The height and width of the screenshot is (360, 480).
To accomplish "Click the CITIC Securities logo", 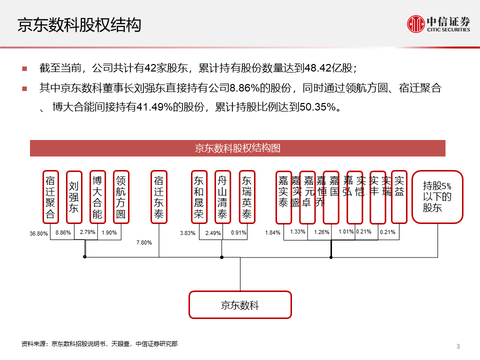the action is (x=438, y=24).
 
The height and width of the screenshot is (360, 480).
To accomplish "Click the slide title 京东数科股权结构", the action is (x=79, y=25).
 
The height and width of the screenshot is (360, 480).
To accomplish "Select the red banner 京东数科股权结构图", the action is (x=237, y=148).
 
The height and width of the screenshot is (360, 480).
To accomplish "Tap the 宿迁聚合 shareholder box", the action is (x=50, y=197).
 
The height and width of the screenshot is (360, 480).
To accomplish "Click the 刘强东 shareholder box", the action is (x=74, y=197).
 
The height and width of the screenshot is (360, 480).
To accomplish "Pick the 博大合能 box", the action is (x=97, y=197).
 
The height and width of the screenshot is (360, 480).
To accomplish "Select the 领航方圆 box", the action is (x=121, y=197).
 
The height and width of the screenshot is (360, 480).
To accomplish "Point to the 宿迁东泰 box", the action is (x=159, y=197).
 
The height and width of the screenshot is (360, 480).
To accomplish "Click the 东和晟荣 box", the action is (x=199, y=197).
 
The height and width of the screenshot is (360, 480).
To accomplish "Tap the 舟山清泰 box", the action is (x=222, y=197).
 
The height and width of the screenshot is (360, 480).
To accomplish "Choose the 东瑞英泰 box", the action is (x=246, y=197).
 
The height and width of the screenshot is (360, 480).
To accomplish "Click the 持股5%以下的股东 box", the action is (x=437, y=197).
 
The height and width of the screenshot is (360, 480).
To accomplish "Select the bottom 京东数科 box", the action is (x=240, y=305).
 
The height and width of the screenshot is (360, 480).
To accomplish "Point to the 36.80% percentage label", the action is (x=38, y=233).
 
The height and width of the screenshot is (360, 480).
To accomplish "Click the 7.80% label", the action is (x=144, y=242).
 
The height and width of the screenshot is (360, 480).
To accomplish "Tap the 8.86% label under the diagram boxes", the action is (x=63, y=232).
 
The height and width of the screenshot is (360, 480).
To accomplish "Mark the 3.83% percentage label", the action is (x=187, y=233).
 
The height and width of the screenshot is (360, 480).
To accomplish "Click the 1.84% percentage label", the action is (x=273, y=232).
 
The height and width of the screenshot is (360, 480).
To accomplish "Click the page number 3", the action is (x=458, y=346).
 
